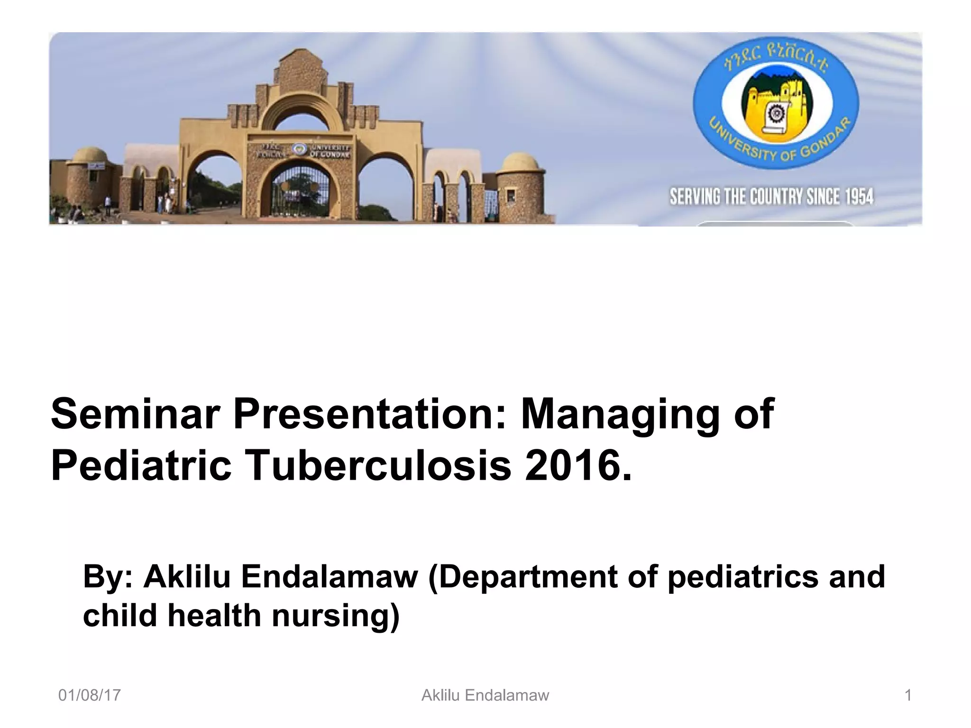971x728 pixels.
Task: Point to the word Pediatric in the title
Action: pyautogui.click(x=141, y=466)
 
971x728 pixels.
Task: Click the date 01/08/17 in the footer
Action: pyautogui.click(x=89, y=695)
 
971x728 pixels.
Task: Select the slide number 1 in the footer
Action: pyautogui.click(x=907, y=695)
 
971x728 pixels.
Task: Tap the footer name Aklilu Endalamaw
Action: pyautogui.click(x=485, y=695)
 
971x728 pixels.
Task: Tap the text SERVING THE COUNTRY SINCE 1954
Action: pyautogui.click(x=771, y=197)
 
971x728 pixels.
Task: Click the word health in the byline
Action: pyautogui.click(x=214, y=616)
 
